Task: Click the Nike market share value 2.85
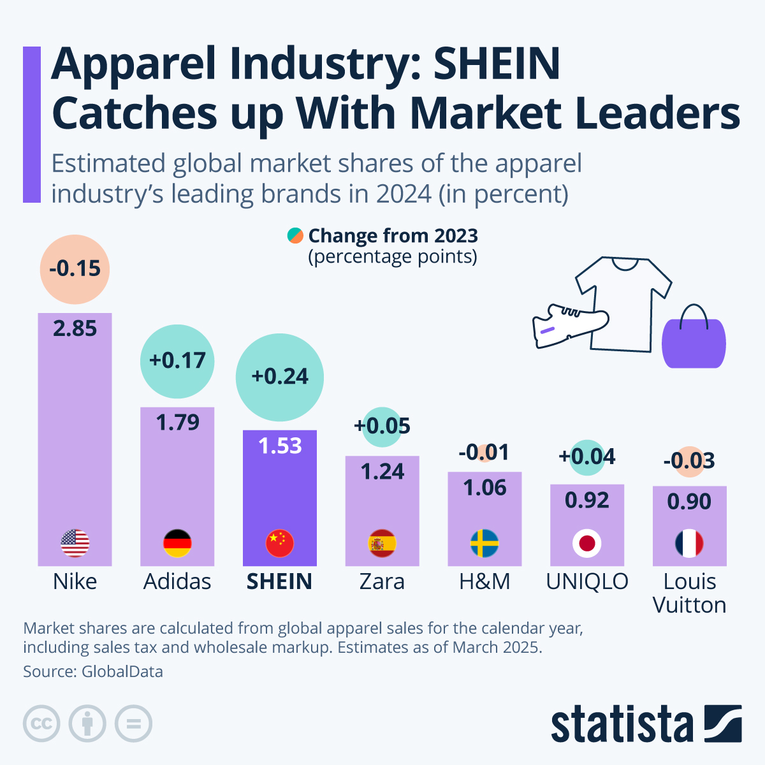pyautogui.click(x=75, y=328)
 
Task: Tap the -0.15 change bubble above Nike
pyautogui.click(x=75, y=269)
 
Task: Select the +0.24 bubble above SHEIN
pyautogui.click(x=280, y=377)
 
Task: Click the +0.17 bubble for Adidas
pyautogui.click(x=177, y=361)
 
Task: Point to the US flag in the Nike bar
pyautogui.click(x=75, y=543)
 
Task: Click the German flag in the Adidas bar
pyautogui.click(x=177, y=543)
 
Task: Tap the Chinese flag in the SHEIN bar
pyautogui.click(x=280, y=543)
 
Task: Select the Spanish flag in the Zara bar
pyautogui.click(x=382, y=543)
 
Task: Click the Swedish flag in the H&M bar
pyautogui.click(x=484, y=543)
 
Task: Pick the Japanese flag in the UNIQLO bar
pyautogui.click(x=587, y=543)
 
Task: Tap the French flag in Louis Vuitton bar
pyautogui.click(x=689, y=543)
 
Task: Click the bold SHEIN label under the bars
pyautogui.click(x=279, y=581)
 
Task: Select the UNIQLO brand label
pyautogui.click(x=587, y=581)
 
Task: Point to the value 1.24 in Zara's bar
pyautogui.click(x=382, y=472)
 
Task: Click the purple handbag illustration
pyautogui.click(x=694, y=341)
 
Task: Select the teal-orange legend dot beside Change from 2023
pyautogui.click(x=295, y=236)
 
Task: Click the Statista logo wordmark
pyautogui.click(x=622, y=725)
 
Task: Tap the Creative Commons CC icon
pyautogui.click(x=42, y=724)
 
